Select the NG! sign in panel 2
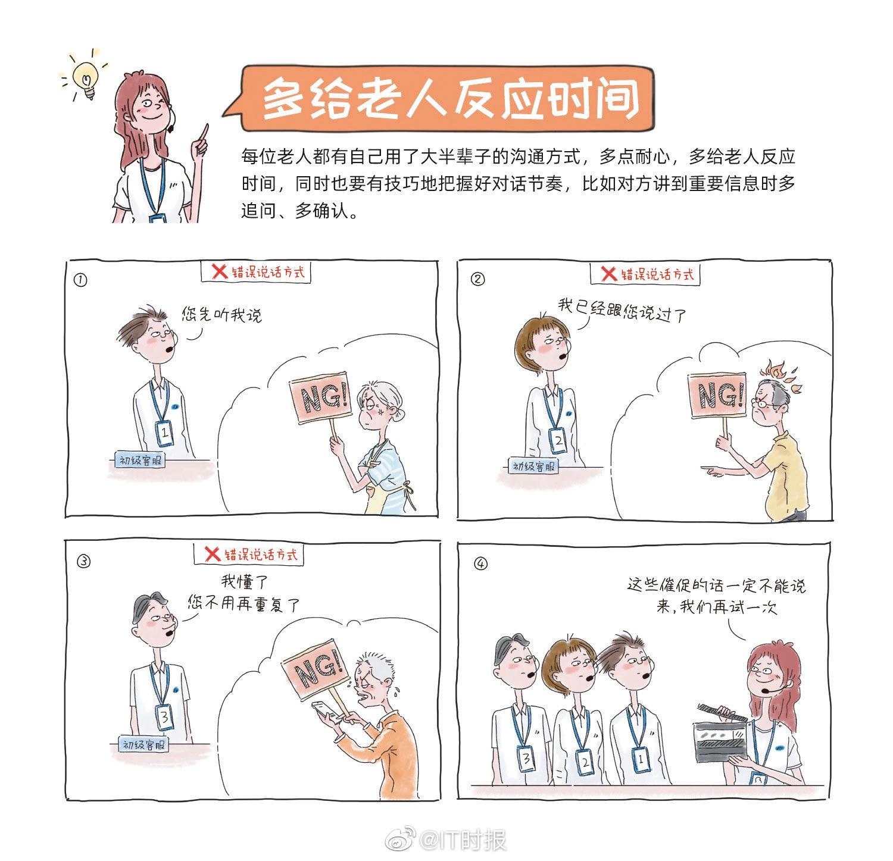[717, 394]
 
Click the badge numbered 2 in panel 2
[558, 441]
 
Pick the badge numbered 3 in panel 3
[165, 717]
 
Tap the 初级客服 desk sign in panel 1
[140, 460]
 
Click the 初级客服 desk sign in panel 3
[143, 744]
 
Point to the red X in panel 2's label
[608, 274]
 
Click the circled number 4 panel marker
[480, 564]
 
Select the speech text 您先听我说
[221, 314]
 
